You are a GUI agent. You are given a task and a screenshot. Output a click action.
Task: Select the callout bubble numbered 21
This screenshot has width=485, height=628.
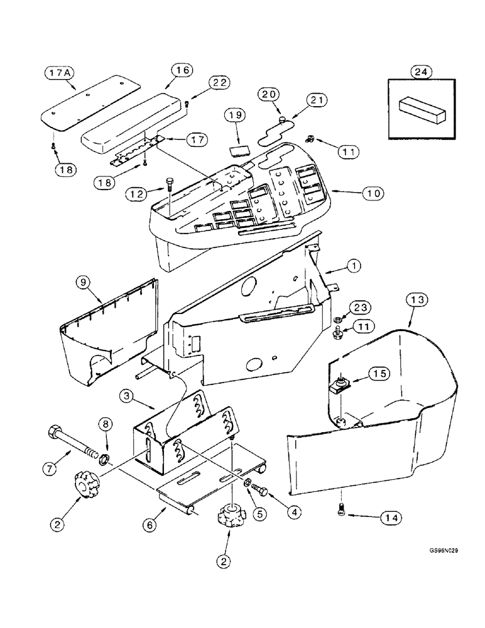317,101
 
